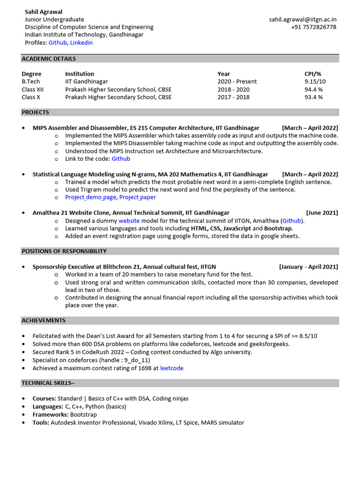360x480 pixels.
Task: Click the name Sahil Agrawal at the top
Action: pyautogui.click(x=44, y=11)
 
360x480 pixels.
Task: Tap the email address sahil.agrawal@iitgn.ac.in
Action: pyautogui.click(x=302, y=19)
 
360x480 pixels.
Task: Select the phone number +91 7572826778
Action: pyautogui.click(x=314, y=27)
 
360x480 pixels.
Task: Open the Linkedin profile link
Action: pyautogui.click(x=82, y=43)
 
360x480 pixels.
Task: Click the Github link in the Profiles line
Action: pyautogui.click(x=58, y=43)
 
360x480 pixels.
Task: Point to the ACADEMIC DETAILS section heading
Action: pyautogui.click(x=49, y=59)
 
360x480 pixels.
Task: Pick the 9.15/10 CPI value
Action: pyautogui.click(x=315, y=82)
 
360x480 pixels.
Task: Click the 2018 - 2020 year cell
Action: pyautogui.click(x=233, y=90)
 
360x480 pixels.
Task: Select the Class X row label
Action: pyautogui.click(x=31, y=97)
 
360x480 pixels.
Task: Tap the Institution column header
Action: pyautogui.click(x=79, y=74)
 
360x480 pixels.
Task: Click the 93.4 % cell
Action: pyautogui.click(x=314, y=97)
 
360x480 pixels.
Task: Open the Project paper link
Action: pyautogui.click(x=137, y=197)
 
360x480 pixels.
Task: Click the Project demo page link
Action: pyautogui.click(x=90, y=197)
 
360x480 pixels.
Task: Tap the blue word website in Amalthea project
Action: pyautogui.click(x=129, y=220)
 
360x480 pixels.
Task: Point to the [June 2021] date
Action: pyautogui.click(x=322, y=213)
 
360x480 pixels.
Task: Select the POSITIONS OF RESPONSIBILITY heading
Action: pyautogui.click(x=64, y=251)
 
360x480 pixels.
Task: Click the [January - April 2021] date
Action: pyautogui.click(x=308, y=267)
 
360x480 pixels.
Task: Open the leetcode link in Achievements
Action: pyautogui.click(x=172, y=368)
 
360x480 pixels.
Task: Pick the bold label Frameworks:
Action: pyautogui.click(x=51, y=414)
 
